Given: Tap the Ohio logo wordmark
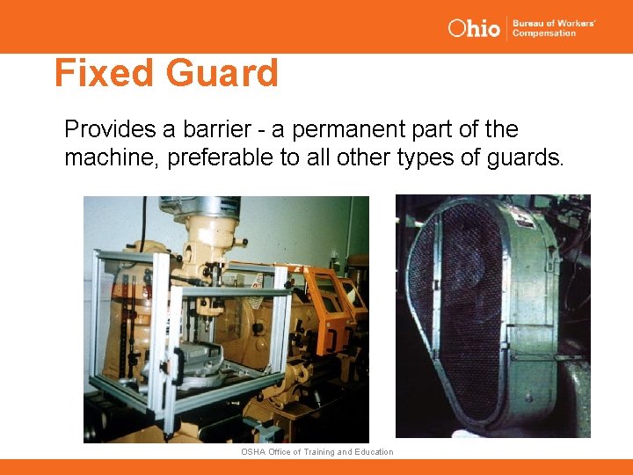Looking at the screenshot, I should tap(474, 28).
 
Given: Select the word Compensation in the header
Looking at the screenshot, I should tap(543, 33).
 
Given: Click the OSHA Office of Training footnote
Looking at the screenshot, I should tap(316, 451).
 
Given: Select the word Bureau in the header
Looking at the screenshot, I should tap(530, 23).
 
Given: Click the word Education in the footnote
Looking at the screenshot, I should tap(373, 451).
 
